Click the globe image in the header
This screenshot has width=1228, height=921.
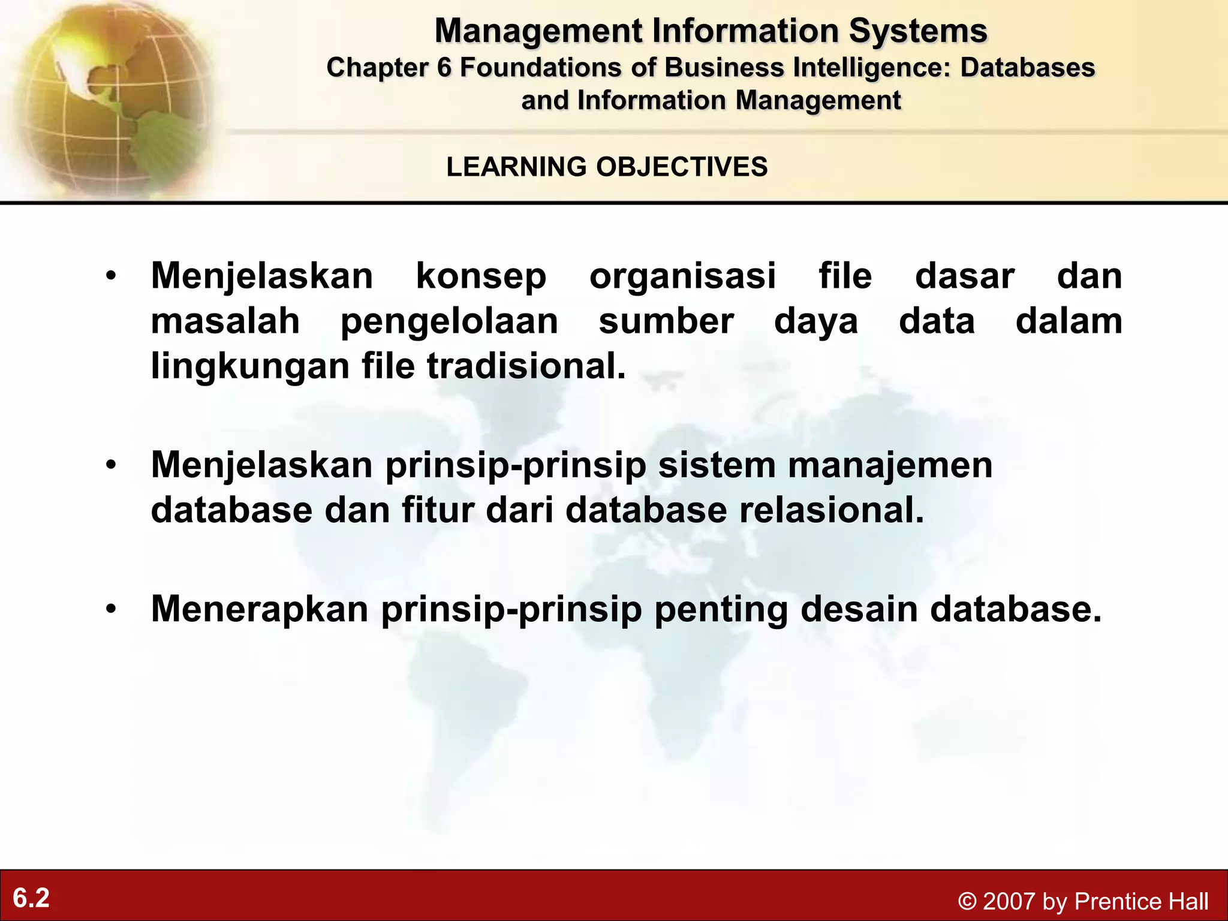click(108, 99)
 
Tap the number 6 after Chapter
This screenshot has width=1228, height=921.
click(444, 68)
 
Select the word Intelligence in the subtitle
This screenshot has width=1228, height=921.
click(872, 68)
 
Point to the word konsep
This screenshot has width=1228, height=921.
click(481, 276)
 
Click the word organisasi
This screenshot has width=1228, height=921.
click(682, 276)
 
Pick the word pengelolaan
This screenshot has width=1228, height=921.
click(449, 322)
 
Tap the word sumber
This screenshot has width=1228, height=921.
click(666, 321)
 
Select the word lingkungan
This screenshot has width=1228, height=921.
click(250, 366)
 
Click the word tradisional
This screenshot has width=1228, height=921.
click(526, 366)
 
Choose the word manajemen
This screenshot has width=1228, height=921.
click(890, 465)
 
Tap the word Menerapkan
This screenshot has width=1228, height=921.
click(260, 609)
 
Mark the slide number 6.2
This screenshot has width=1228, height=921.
click(31, 898)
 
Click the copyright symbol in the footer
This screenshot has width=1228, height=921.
click(967, 901)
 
